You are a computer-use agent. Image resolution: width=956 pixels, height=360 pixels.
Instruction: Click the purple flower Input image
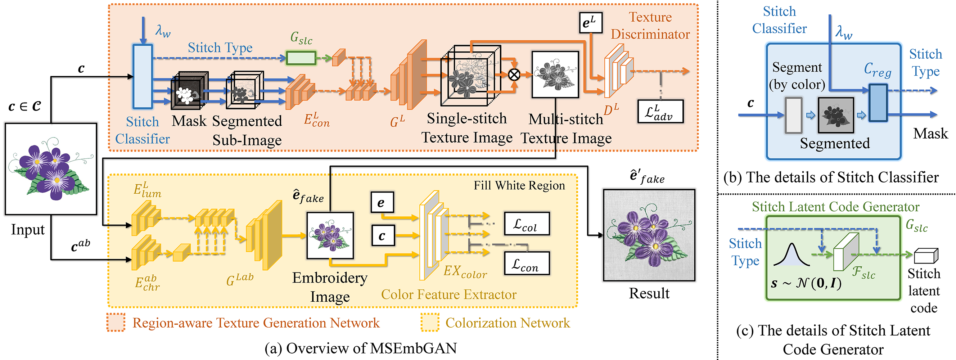tap(51, 169)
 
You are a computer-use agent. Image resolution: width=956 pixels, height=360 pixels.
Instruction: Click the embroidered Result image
tap(649, 235)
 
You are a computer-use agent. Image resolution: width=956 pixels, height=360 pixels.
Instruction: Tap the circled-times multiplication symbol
tap(514, 75)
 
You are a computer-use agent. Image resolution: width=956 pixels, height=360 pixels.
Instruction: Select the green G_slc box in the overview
tap(301, 58)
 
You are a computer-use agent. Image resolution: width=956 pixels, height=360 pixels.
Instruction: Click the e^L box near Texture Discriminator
tap(590, 23)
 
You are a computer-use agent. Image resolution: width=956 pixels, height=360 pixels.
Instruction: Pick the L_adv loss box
tap(660, 111)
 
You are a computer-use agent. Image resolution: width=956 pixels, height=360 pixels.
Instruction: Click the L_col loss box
tap(527, 224)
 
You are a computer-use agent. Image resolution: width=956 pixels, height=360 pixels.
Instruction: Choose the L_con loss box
tap(527, 264)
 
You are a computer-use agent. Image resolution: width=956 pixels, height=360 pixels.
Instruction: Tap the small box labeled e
tap(382, 202)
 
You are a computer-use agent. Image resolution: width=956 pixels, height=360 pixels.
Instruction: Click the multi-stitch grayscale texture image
tap(555, 75)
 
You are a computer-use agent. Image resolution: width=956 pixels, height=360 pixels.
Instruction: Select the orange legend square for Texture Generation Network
tap(116, 322)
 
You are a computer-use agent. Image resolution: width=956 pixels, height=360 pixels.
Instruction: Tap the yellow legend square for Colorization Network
tap(430, 322)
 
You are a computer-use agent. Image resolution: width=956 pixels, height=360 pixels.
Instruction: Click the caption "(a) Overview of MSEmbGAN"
tap(361, 348)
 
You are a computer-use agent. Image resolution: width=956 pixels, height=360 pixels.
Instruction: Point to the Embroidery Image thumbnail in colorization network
tap(330, 235)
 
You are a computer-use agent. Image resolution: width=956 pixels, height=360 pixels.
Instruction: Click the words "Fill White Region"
tap(519, 185)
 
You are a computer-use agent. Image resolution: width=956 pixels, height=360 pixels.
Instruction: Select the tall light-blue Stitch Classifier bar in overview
tap(143, 76)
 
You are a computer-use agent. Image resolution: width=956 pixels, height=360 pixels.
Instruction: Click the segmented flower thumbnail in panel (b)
tap(836, 116)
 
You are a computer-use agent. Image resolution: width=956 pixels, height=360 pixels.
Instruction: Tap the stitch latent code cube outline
tap(926, 256)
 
